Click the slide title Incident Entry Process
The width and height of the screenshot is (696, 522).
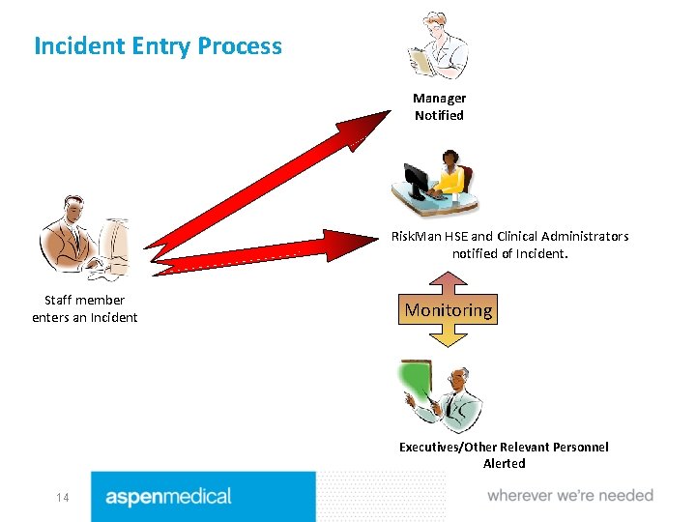(x=158, y=45)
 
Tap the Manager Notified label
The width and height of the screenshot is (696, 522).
(x=439, y=106)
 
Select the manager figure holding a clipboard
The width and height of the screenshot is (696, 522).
(x=439, y=45)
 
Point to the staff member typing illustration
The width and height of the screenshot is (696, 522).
(x=84, y=237)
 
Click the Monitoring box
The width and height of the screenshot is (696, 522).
(x=448, y=310)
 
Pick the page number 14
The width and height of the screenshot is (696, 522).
(x=62, y=498)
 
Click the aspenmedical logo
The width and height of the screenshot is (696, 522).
(x=169, y=497)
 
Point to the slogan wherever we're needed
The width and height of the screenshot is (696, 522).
(x=570, y=496)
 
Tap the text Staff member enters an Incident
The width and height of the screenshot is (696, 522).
(x=85, y=309)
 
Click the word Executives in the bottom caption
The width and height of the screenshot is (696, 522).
(x=432, y=447)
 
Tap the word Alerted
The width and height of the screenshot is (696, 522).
(x=504, y=463)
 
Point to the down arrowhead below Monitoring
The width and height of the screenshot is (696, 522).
(x=448, y=337)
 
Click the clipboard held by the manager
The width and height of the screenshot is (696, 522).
(x=422, y=60)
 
